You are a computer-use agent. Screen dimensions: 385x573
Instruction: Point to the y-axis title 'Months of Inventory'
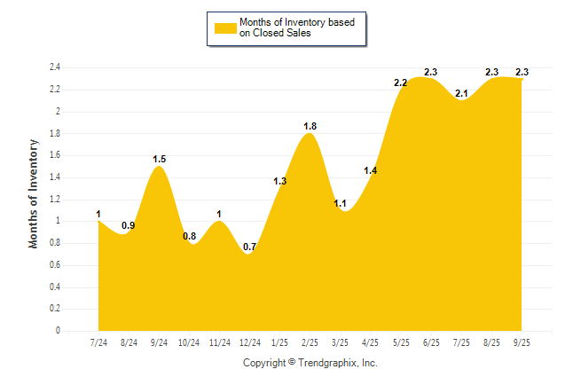click(x=34, y=192)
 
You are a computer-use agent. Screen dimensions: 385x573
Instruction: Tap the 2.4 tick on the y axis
click(x=55, y=67)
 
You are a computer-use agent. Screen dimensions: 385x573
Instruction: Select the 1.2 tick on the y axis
click(x=55, y=199)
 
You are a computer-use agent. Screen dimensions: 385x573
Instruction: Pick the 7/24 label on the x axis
click(x=98, y=342)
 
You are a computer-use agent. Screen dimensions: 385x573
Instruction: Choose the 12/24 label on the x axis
click(x=249, y=342)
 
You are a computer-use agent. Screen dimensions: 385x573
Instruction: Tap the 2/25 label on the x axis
click(x=310, y=342)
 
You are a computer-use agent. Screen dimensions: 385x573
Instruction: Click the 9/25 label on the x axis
click(x=522, y=342)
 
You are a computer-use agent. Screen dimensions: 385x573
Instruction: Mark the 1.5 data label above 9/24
click(x=159, y=160)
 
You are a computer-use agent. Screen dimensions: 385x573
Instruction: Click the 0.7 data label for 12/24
click(x=249, y=247)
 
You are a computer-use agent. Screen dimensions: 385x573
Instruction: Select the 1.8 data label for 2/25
click(x=310, y=127)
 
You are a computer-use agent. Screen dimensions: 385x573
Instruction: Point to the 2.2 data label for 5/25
click(x=400, y=82)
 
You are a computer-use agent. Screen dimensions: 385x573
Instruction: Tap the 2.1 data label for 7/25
click(x=461, y=93)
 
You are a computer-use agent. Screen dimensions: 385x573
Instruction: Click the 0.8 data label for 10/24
click(x=189, y=236)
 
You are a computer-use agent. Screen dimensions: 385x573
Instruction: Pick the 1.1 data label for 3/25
click(x=340, y=203)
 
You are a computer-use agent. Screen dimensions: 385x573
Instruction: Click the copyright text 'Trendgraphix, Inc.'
click(x=339, y=363)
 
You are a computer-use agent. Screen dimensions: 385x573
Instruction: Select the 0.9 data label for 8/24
click(x=129, y=225)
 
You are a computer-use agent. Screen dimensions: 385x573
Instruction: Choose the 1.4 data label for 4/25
click(x=371, y=170)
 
